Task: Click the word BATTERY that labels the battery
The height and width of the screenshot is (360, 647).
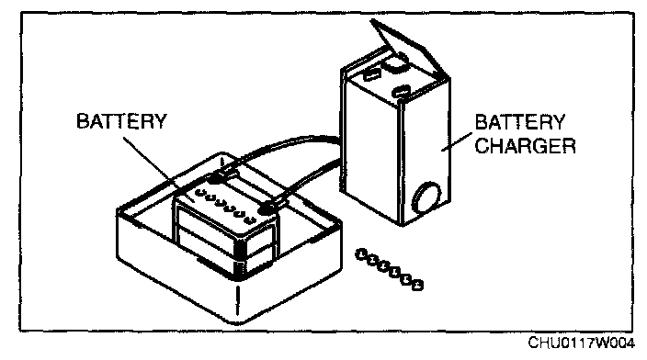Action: [121, 121]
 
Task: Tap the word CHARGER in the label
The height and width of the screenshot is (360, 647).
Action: [526, 146]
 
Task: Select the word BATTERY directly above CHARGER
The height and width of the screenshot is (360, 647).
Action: [520, 122]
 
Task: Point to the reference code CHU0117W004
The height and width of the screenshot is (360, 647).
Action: [582, 343]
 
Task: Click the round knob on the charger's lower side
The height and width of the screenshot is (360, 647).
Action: [426, 198]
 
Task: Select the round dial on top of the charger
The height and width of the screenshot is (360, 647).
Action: [396, 62]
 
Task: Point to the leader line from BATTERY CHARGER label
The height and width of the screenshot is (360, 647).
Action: [457, 141]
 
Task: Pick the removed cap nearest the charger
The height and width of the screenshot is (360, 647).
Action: [361, 254]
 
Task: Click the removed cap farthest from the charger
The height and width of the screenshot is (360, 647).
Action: [417, 285]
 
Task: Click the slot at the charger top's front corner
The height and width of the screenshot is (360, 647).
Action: [401, 91]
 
